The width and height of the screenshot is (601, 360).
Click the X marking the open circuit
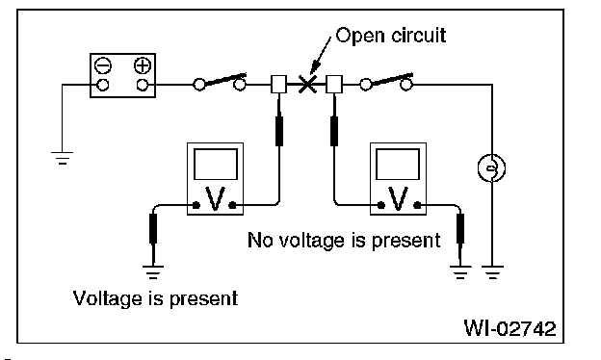[307, 84]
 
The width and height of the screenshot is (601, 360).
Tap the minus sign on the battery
[103, 65]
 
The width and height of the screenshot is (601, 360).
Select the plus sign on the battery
[143, 65]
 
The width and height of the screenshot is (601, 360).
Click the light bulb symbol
[492, 167]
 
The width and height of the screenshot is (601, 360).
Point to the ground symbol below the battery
[62, 158]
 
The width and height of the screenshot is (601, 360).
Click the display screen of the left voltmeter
[216, 164]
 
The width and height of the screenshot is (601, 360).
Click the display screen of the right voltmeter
[398, 164]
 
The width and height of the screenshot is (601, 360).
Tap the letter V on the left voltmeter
[215, 198]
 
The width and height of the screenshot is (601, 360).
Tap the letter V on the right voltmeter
[398, 198]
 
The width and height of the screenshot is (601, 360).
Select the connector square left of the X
[278, 85]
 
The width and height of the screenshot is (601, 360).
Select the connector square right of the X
[334, 85]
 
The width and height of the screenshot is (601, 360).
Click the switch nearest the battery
[220, 82]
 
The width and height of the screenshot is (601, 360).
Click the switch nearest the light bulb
[386, 82]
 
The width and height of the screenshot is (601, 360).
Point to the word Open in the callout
[360, 36]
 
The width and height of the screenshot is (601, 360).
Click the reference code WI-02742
[510, 328]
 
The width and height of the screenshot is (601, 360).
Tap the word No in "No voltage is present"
[258, 241]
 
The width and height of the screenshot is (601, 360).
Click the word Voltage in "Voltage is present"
[108, 299]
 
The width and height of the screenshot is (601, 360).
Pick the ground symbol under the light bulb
[492, 271]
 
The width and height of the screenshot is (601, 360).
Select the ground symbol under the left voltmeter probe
[153, 271]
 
